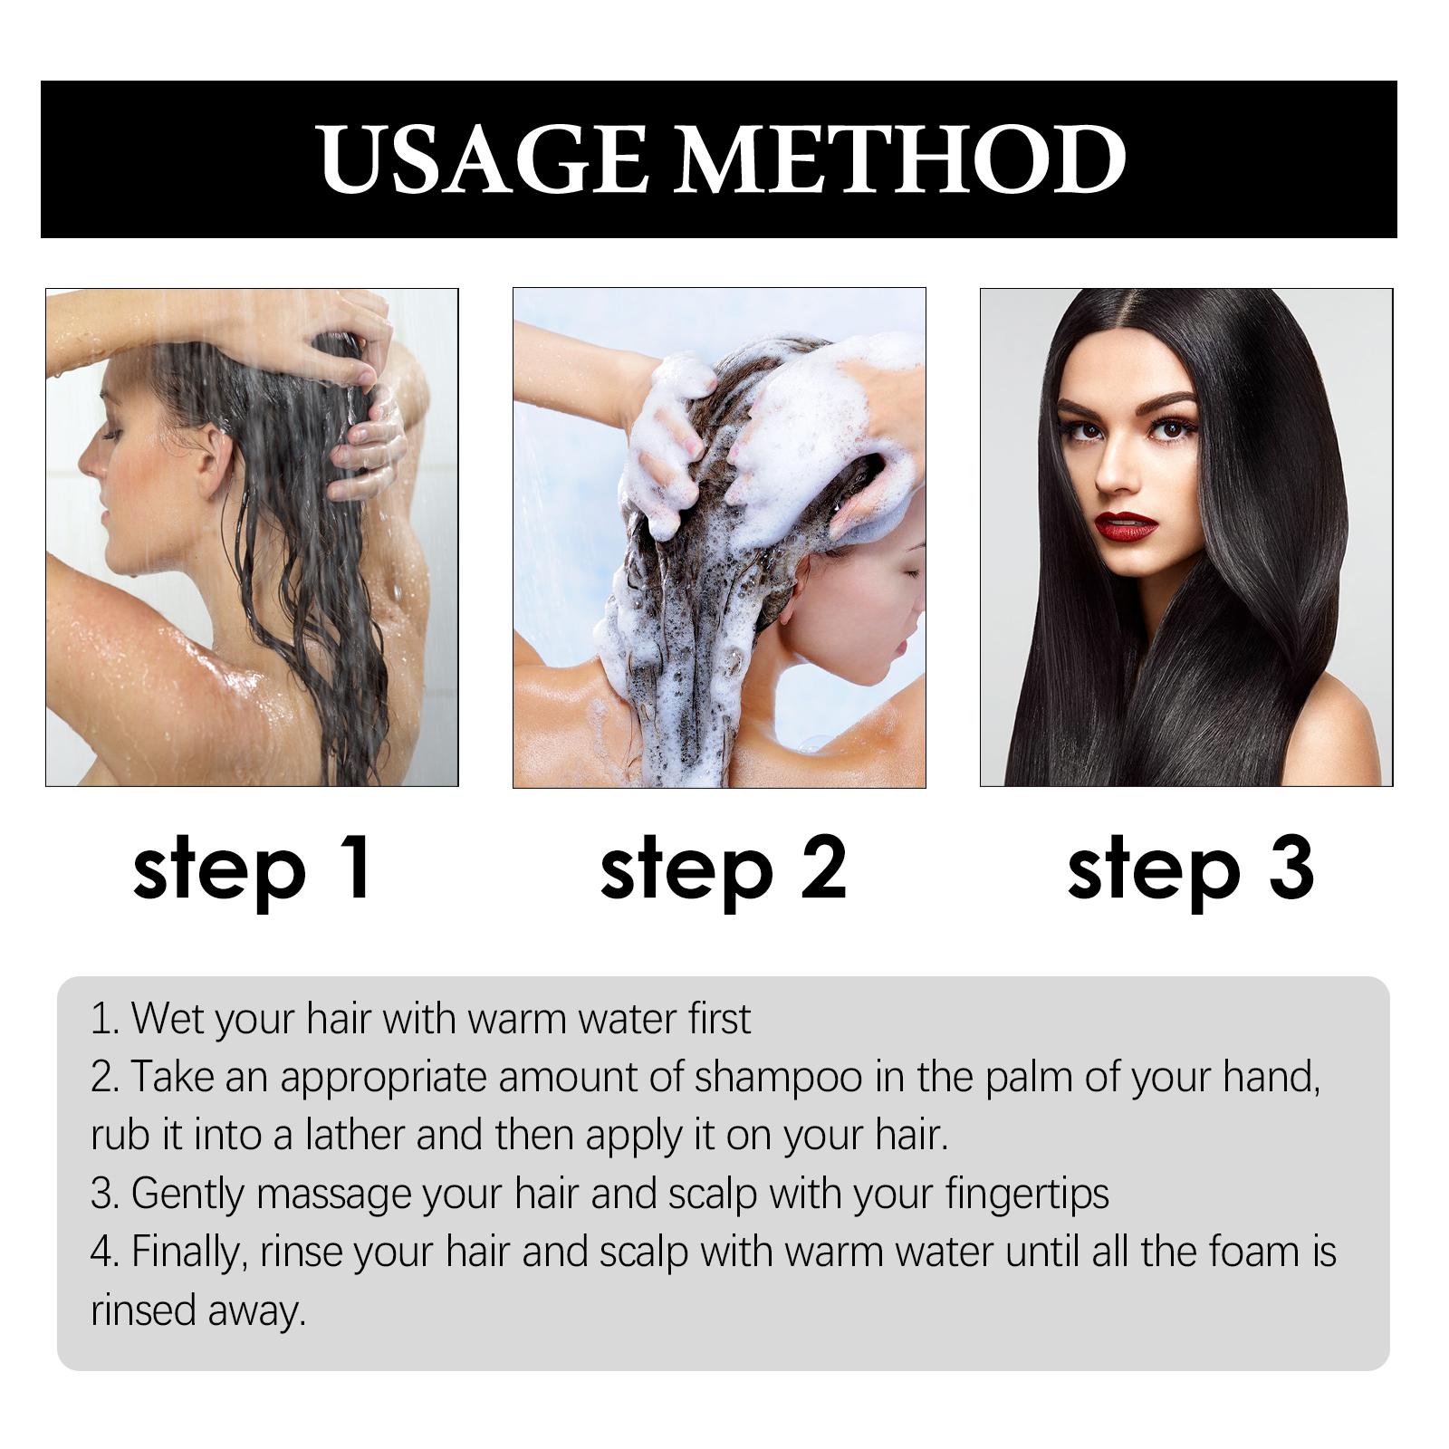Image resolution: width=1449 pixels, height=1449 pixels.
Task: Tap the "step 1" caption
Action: click(252, 869)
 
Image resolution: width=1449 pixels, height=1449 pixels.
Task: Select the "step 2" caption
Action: click(723, 869)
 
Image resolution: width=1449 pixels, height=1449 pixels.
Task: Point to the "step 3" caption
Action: click(1190, 869)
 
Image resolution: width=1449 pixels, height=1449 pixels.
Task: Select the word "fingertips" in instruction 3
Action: click(1027, 1195)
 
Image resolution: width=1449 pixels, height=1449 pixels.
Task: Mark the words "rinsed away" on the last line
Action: click(198, 1311)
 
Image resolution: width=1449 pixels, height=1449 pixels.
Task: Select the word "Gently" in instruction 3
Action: click(188, 1195)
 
